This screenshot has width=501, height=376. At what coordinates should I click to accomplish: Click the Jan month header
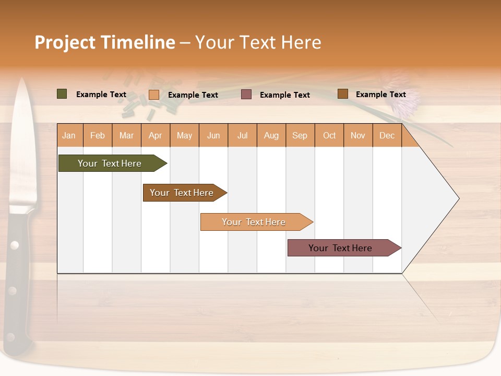pos(69,136)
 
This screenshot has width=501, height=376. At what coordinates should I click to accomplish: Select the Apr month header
pos(155,136)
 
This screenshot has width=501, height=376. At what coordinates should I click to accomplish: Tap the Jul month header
pos(242,136)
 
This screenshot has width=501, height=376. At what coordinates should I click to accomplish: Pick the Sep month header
pos(300,136)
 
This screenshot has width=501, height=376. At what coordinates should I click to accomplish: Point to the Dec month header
pos(387,136)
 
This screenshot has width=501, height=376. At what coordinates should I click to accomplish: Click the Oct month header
pos(329,136)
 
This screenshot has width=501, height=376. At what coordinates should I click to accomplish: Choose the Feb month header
pos(98,136)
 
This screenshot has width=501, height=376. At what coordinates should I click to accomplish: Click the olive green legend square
pos(62,94)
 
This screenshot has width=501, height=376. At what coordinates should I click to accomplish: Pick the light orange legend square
pos(154,95)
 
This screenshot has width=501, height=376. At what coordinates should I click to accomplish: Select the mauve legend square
pos(246,94)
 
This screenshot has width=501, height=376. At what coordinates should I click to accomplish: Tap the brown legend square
pos(343,94)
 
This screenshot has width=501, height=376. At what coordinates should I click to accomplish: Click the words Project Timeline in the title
pos(104,42)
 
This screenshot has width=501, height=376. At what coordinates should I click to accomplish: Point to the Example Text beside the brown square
pos(380,95)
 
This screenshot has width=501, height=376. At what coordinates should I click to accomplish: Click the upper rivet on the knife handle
pos(14,244)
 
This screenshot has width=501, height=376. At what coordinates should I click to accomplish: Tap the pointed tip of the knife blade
pos(22,79)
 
